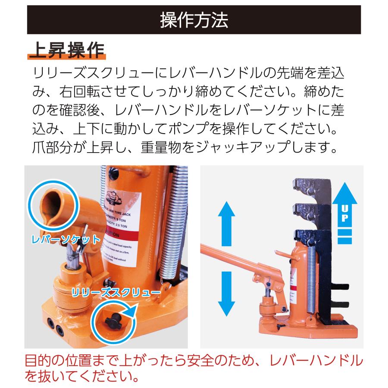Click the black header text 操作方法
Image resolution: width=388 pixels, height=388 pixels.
pos(194,20)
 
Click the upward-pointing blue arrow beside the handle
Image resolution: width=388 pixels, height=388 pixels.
pos(225,220)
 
